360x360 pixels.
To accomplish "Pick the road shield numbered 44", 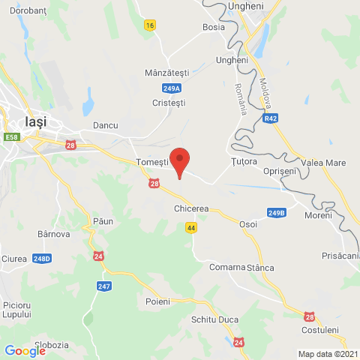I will [192, 227].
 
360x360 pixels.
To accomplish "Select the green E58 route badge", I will [11, 137].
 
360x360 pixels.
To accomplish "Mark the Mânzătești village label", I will [166, 73].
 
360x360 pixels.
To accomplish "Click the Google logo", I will [25, 350].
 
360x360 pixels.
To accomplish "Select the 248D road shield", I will [42, 259].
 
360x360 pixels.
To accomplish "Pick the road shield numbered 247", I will [104, 286].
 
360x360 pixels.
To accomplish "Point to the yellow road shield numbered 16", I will [151, 25].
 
